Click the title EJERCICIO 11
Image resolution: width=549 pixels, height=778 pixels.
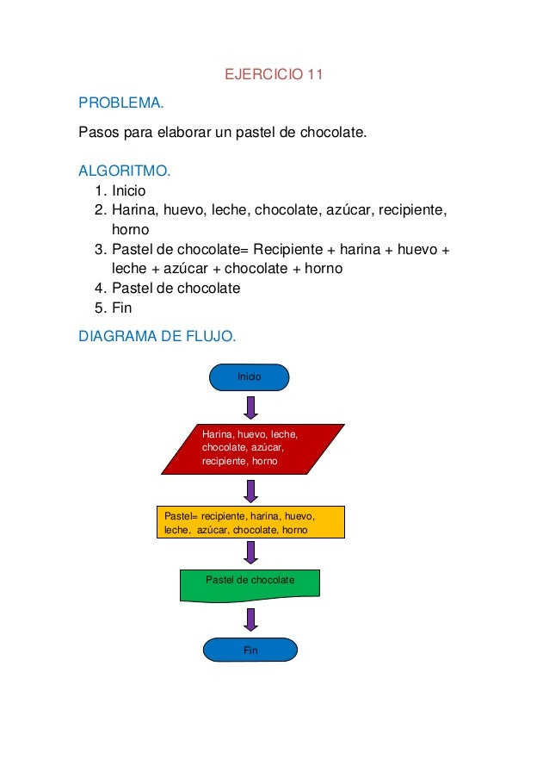[274, 75]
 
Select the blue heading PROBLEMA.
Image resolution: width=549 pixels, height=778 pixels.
[120, 103]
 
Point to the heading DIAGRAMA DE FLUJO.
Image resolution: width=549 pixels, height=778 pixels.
[157, 335]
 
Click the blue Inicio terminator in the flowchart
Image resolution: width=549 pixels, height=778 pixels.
[250, 377]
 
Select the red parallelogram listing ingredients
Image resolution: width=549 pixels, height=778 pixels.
[252, 449]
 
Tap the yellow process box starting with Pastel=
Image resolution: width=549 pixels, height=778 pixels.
[250, 522]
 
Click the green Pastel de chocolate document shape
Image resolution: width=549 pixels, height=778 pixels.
[250, 583]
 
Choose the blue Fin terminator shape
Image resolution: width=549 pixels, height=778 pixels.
[250, 650]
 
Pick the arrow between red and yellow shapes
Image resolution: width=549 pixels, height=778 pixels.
[250, 490]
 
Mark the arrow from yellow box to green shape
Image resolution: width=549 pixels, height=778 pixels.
[250, 552]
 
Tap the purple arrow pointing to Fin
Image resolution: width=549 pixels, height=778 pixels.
[250, 619]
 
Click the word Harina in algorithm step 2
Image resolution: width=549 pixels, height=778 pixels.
[132, 210]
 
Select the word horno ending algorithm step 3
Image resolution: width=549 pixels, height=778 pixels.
[324, 269]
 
